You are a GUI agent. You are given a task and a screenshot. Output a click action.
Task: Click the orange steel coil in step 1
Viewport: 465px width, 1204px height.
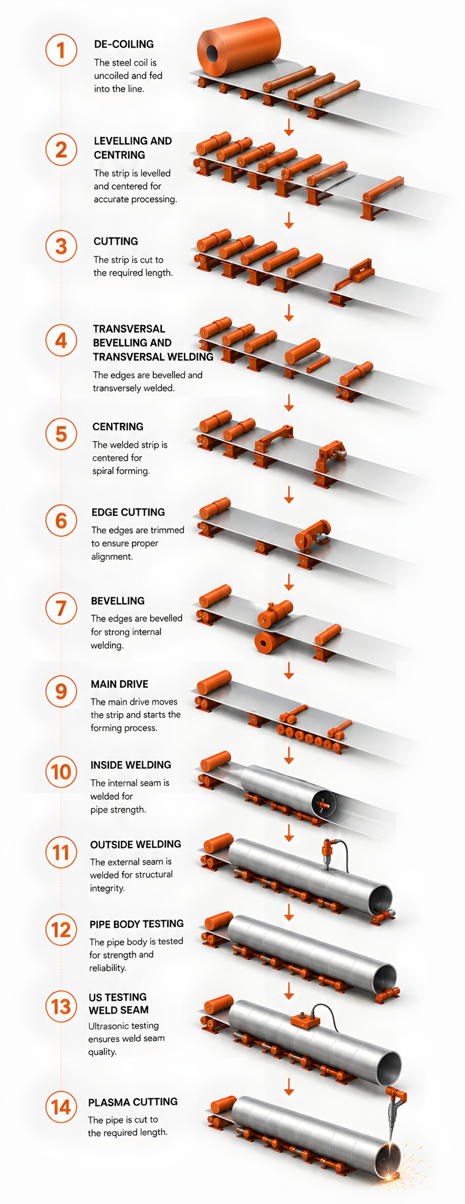[x=239, y=48]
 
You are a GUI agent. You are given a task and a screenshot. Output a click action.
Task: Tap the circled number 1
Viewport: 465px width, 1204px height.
[x=61, y=50]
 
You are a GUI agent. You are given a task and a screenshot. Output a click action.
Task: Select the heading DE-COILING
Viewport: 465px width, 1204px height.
[x=124, y=44]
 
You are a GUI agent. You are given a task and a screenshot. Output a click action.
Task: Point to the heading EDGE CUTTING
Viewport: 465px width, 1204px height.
[x=128, y=512]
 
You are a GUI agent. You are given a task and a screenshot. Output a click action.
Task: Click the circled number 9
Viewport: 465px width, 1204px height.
[x=61, y=691]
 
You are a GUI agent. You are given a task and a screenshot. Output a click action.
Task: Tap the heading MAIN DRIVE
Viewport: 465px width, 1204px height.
[x=119, y=684]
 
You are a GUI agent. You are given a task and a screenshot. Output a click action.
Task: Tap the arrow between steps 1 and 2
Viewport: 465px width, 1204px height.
[x=289, y=127]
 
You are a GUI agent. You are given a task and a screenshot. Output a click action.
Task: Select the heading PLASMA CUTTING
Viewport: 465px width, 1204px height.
[x=133, y=1102]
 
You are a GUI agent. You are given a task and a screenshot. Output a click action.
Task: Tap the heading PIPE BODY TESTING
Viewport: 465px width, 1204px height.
[x=136, y=924]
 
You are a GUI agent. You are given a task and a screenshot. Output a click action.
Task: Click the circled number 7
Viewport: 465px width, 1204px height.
[x=61, y=608]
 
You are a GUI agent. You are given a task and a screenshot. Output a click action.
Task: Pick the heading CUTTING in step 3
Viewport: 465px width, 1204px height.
[x=116, y=241]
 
